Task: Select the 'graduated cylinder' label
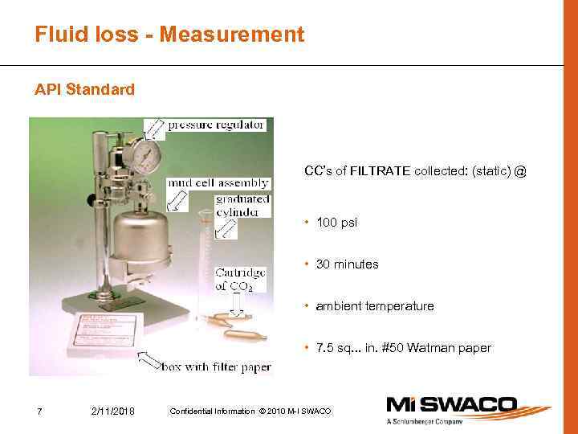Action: click(242, 206)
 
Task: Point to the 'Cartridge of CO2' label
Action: click(241, 280)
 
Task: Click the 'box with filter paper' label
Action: click(217, 367)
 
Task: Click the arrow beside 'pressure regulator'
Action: click(155, 127)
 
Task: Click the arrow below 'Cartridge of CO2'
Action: click(237, 306)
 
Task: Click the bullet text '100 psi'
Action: click(336, 223)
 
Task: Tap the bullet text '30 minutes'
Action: click(347, 264)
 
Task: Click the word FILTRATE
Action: click(381, 171)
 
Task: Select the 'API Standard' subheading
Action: click(84, 89)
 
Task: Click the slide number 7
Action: click(40, 411)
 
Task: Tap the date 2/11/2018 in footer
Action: click(113, 411)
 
